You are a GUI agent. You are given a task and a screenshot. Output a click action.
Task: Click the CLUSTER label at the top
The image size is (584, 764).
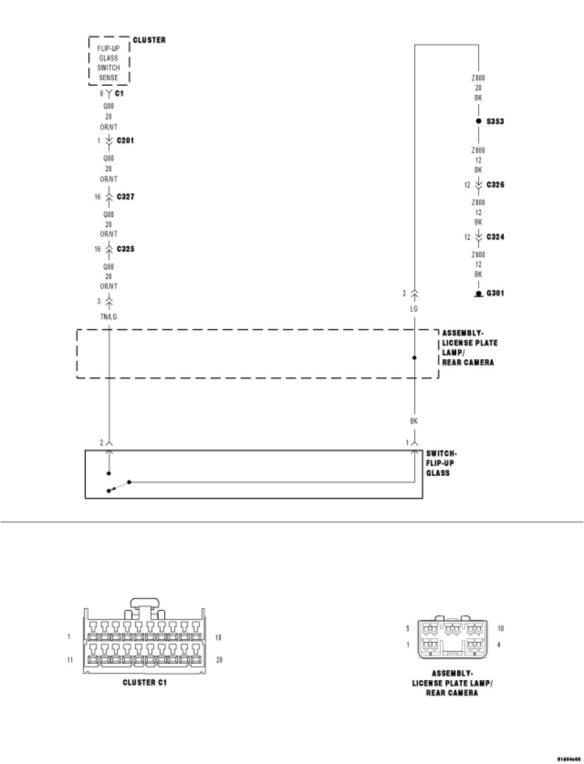149,40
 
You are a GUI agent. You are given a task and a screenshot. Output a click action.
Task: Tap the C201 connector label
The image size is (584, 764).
125,140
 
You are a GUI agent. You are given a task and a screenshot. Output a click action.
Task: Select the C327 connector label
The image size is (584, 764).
125,197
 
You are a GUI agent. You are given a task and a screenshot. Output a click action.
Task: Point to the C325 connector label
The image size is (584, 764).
125,249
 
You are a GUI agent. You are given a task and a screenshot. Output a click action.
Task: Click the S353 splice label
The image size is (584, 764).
495,122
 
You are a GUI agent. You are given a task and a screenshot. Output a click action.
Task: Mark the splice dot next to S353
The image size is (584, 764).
478,122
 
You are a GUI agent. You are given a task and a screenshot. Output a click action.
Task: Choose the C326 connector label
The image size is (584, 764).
495,185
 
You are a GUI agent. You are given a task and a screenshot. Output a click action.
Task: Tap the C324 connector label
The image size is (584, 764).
495,237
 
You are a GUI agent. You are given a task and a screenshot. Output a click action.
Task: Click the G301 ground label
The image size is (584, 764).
495,294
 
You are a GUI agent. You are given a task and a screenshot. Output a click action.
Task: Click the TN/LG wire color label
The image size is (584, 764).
109,317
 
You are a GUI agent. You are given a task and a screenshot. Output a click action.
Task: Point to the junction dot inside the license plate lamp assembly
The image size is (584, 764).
415,358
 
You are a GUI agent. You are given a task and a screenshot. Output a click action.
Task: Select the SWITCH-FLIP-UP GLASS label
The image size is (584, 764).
441,463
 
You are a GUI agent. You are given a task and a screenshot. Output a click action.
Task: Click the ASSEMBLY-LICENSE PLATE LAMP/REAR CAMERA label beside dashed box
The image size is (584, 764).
468,348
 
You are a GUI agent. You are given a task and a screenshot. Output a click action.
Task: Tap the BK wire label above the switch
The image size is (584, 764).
414,421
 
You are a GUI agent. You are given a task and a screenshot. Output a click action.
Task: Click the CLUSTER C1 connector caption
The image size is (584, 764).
145,683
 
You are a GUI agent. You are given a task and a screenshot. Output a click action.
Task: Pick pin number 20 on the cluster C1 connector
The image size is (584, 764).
219,659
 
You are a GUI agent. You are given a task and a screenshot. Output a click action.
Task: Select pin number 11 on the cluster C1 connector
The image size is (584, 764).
71,659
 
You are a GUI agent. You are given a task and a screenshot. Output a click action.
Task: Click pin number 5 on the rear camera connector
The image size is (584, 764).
408,628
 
